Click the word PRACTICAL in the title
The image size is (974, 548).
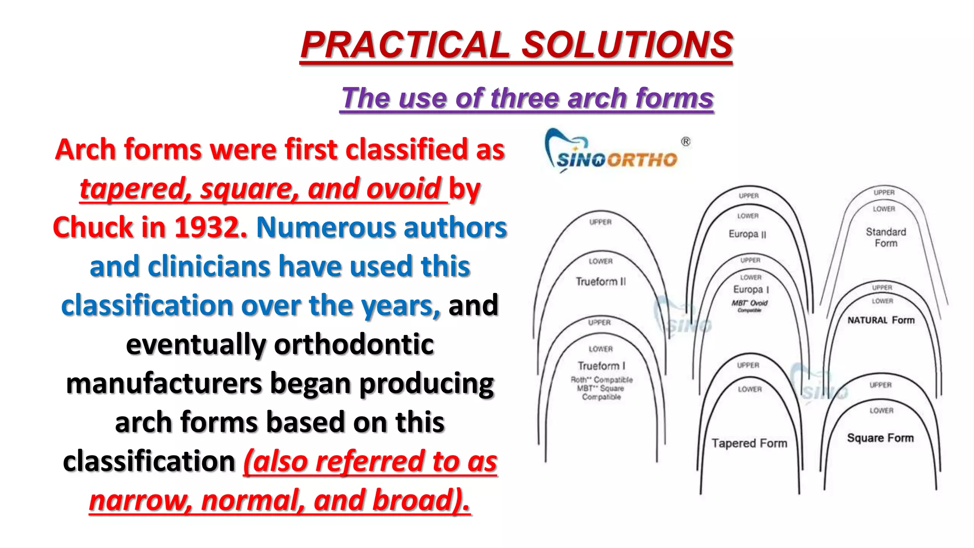point(405,45)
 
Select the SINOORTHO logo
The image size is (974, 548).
point(612,152)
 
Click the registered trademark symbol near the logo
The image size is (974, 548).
point(685,142)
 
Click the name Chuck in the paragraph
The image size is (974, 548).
point(93,227)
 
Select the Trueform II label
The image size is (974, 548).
point(601,282)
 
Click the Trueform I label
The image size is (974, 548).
point(601,366)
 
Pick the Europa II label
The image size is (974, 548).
point(747,234)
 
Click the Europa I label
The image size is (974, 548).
point(751,289)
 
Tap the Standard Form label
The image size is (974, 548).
point(886,237)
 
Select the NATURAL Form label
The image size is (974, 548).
point(881,320)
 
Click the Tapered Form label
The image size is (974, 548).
point(749,443)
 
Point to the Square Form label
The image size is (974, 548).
point(880,438)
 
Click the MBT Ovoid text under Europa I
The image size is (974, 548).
point(750,303)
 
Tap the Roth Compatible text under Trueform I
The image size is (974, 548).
point(602,380)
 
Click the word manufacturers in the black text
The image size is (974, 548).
point(164,383)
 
